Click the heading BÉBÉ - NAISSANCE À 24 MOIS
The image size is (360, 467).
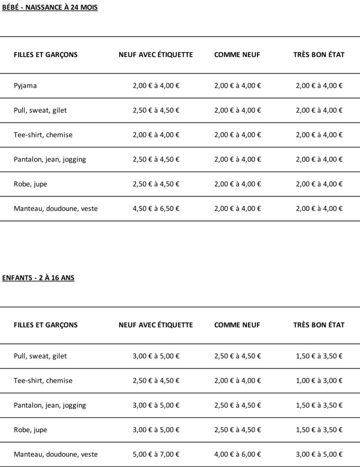50,8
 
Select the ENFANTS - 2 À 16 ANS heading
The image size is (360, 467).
38,278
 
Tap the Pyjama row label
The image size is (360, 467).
25,86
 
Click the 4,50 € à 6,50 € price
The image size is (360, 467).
156,208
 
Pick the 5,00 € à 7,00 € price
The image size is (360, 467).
156,454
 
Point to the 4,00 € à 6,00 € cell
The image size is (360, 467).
238,454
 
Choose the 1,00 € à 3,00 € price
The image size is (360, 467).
319,380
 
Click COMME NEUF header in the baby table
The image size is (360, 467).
237,55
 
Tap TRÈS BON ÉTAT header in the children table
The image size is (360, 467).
319,325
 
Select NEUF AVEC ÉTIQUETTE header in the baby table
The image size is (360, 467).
156,55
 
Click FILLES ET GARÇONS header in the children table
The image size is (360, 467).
46,325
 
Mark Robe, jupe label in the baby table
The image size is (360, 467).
31,184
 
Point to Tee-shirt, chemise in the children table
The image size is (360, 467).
43,380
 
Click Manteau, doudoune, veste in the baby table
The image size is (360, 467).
56,208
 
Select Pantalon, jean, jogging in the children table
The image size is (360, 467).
50,405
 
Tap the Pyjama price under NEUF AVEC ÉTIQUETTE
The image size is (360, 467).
156,85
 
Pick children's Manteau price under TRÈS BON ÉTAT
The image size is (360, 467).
319,454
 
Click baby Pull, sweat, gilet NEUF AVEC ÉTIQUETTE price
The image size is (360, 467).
156,110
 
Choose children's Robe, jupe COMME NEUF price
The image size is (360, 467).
238,430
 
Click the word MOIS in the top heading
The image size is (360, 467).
89,8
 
